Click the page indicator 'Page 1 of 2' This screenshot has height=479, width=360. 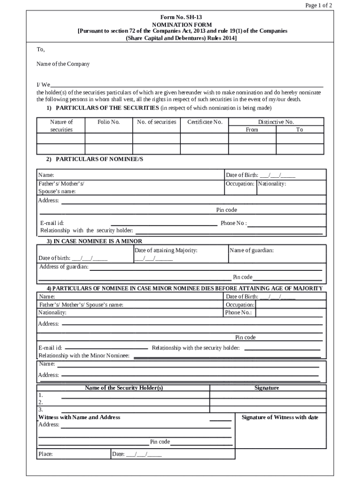(318, 6)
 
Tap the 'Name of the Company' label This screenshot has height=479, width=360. (63, 64)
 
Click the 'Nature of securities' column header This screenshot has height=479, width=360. (61, 125)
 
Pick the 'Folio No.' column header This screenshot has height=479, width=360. (108, 122)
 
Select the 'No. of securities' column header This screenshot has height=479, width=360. (157, 122)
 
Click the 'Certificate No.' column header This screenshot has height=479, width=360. (205, 122)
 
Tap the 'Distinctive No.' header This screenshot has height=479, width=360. (276, 122)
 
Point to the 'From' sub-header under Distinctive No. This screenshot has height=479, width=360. (252, 130)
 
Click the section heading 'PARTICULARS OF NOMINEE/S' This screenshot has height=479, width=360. (99, 159)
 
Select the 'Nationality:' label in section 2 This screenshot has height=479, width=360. (272, 184)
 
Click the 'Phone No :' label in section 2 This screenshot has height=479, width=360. (233, 223)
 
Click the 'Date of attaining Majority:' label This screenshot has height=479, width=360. (166, 250)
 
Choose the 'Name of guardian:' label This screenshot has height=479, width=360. (252, 250)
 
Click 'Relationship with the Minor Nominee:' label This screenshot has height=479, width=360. (84, 356)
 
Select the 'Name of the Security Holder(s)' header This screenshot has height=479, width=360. (124, 388)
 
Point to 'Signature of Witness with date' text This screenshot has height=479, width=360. (280, 417)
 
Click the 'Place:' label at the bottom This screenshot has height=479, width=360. (45, 454)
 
